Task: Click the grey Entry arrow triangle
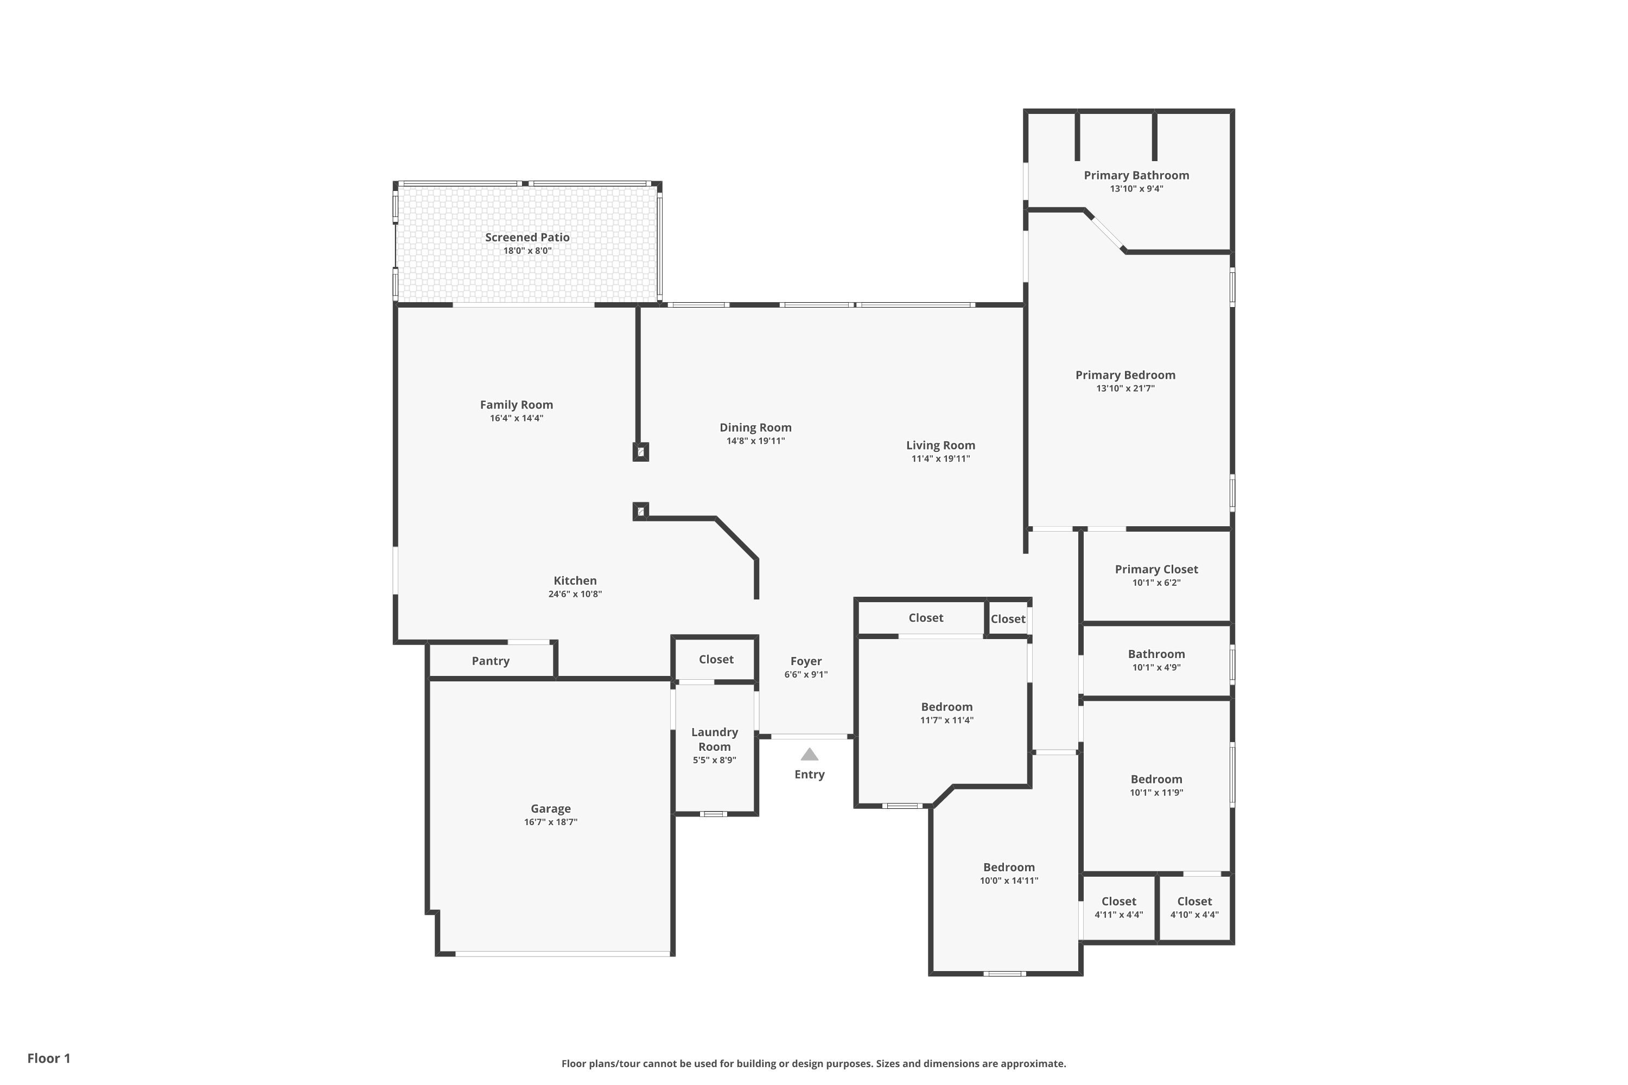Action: (x=809, y=754)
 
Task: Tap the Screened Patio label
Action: (x=527, y=238)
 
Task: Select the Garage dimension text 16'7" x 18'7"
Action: (x=551, y=822)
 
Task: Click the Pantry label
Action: (x=491, y=661)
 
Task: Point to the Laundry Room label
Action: (x=714, y=739)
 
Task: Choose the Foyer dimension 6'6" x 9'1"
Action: (x=806, y=675)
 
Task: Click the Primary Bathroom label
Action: (x=1136, y=176)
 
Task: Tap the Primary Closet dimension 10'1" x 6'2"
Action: (x=1156, y=583)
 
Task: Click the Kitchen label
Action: (x=575, y=581)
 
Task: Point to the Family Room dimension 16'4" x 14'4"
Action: (x=517, y=418)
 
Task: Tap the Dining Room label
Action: (x=756, y=427)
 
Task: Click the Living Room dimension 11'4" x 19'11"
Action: (x=940, y=459)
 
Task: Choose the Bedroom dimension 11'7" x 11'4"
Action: (x=947, y=720)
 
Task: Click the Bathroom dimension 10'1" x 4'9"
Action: (x=1156, y=668)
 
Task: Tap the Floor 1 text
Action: (x=49, y=1058)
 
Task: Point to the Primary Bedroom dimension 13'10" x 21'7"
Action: (x=1125, y=388)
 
